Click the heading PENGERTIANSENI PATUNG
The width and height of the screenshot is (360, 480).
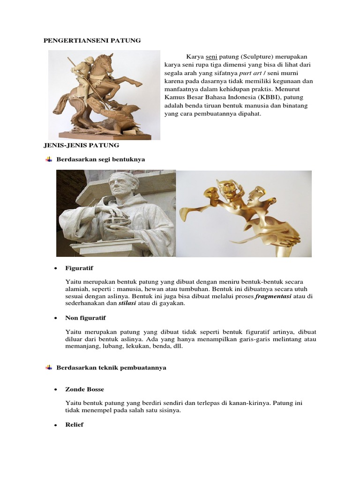(x=92, y=41)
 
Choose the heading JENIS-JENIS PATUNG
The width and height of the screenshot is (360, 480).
(x=81, y=145)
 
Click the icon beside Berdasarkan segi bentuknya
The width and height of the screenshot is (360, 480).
(x=48, y=159)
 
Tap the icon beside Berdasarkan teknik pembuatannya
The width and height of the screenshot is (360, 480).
(x=48, y=368)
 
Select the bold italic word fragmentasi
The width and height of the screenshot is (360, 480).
(x=273, y=297)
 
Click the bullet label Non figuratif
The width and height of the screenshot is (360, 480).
(x=86, y=318)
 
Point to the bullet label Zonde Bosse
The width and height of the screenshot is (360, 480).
(x=85, y=389)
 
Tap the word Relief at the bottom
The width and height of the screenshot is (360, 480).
(x=75, y=425)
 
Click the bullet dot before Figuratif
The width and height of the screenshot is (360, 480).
(x=55, y=269)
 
